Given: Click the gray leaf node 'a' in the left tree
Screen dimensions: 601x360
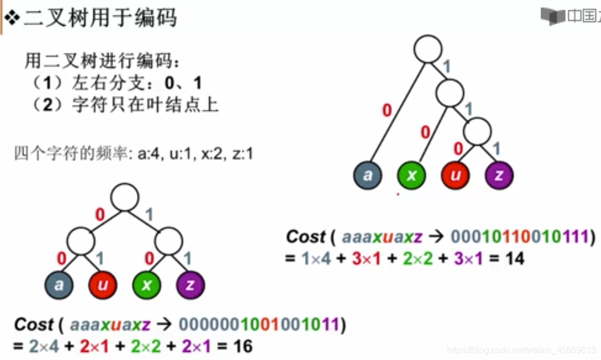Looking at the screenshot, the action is [x=59, y=284].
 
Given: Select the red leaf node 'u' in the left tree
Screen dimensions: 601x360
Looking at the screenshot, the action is [x=103, y=284].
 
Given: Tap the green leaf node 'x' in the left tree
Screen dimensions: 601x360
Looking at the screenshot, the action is [x=146, y=284].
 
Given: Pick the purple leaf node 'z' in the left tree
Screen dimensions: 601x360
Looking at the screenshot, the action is [x=190, y=284].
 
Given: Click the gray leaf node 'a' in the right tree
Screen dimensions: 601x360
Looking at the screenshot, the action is [x=368, y=175].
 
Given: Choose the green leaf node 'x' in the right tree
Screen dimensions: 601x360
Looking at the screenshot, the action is [x=412, y=175].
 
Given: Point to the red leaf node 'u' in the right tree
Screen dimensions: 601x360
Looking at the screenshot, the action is [x=456, y=175].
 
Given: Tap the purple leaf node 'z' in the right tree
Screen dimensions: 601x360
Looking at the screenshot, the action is [x=500, y=175].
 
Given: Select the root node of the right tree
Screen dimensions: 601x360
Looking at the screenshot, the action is [x=428, y=49].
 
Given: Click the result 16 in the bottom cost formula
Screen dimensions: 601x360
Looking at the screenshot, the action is [x=241, y=346].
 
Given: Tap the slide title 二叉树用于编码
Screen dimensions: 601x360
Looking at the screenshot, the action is [x=100, y=18].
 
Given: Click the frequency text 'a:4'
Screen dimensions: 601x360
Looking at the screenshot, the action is [x=147, y=154].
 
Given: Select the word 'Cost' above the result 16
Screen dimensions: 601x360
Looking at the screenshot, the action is [x=34, y=325].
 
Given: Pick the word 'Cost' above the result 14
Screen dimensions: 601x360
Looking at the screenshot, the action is [x=305, y=237].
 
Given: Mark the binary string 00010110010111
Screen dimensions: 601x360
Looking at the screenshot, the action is [x=520, y=237].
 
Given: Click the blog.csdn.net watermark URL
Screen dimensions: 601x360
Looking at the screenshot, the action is [x=521, y=350].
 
